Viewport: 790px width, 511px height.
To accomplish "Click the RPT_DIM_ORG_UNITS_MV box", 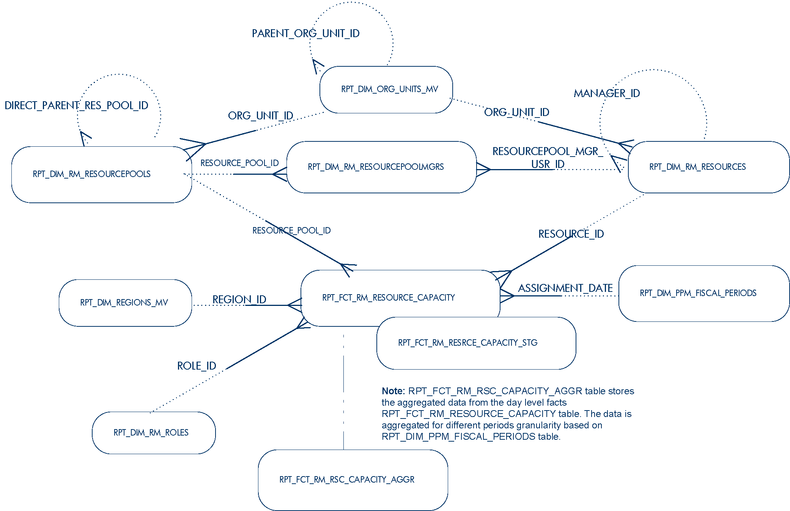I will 386,89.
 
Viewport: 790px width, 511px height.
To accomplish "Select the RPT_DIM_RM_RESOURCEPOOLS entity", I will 101,174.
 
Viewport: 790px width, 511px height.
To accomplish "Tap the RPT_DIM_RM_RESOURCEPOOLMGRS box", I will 381,167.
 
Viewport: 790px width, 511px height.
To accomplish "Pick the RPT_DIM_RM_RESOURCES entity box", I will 708,167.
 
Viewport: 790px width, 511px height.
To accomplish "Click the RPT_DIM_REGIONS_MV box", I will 125,303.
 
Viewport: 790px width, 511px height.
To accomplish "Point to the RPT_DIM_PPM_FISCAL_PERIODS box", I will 703,293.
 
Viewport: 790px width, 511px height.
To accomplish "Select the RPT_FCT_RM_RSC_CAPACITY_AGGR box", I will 353,480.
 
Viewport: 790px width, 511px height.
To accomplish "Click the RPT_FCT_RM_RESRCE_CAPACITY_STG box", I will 476,343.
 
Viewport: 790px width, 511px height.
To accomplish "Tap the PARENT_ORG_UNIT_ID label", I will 305,34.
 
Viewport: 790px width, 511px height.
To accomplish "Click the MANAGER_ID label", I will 606,93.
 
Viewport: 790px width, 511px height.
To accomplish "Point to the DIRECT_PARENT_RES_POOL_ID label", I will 76,105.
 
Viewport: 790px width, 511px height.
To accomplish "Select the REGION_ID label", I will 239,299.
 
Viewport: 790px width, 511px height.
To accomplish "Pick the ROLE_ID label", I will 197,366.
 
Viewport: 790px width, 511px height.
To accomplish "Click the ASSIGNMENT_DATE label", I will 565,288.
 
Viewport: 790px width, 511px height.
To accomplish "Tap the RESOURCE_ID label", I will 571,234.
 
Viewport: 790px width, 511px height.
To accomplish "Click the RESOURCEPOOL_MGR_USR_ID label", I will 547,158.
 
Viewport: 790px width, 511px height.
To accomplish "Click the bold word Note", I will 393,391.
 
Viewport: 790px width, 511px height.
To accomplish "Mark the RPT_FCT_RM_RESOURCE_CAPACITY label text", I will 388,298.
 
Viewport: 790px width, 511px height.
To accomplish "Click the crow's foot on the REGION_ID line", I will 295,305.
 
